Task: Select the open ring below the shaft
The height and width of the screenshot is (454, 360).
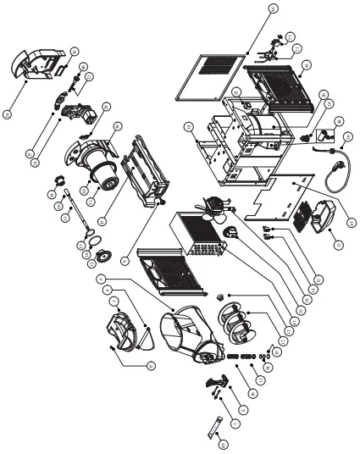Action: coord(86,246)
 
